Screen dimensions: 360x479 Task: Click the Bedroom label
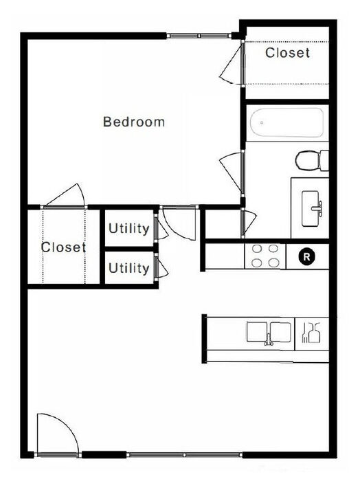click(134, 122)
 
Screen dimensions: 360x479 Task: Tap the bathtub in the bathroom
click(286, 123)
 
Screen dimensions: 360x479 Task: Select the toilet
click(312, 161)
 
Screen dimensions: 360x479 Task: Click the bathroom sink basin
click(311, 209)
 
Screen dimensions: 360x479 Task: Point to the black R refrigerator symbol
click(307, 256)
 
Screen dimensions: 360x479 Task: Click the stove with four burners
click(265, 256)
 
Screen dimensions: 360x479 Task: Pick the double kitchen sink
click(269, 332)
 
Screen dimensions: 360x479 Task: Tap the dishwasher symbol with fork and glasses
click(311, 333)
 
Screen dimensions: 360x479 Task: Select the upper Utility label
click(129, 228)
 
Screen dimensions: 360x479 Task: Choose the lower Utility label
click(129, 268)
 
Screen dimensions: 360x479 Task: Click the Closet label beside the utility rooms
click(63, 247)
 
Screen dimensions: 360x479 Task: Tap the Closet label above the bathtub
click(287, 52)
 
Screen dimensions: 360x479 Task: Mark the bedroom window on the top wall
click(199, 36)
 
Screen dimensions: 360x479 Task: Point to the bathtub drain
click(262, 123)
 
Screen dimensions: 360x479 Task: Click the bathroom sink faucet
click(317, 209)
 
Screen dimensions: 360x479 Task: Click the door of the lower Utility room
click(161, 267)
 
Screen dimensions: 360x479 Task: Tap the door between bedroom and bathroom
click(233, 172)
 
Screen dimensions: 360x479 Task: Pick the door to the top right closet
click(233, 63)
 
